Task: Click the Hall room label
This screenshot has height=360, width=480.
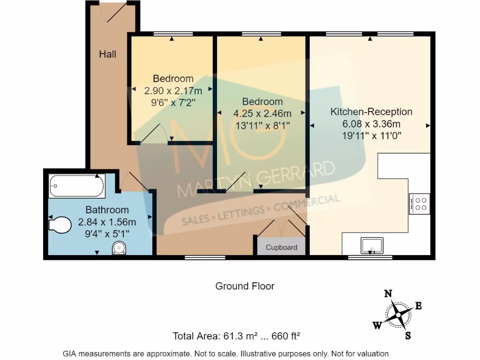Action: pyautogui.click(x=107, y=54)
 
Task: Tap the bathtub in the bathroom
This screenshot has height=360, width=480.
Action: pyautogui.click(x=77, y=186)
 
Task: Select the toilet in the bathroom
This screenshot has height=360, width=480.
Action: pyautogui.click(x=60, y=225)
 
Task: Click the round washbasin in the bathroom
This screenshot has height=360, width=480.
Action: pyautogui.click(x=119, y=247)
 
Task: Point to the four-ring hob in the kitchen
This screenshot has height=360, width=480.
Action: pyautogui.click(x=420, y=204)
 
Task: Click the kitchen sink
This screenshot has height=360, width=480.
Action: pyautogui.click(x=372, y=245)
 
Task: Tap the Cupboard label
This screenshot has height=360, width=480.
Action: pyautogui.click(x=281, y=247)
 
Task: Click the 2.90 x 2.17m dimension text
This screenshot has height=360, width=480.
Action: pyautogui.click(x=173, y=91)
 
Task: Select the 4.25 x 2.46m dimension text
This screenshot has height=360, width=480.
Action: pyautogui.click(x=262, y=113)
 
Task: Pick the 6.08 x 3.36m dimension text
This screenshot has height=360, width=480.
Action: pyautogui.click(x=371, y=124)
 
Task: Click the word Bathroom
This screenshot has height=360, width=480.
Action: pyautogui.click(x=107, y=210)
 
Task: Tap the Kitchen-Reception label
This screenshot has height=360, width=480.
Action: pyautogui.click(x=371, y=112)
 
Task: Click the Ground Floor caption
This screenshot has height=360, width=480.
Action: pyautogui.click(x=245, y=286)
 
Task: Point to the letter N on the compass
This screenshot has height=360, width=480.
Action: pyautogui.click(x=388, y=294)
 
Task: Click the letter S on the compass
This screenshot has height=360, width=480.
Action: pyautogui.click(x=408, y=336)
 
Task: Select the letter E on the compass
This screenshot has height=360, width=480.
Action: pyautogui.click(x=418, y=306)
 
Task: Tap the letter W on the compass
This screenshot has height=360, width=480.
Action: pyautogui.click(x=377, y=325)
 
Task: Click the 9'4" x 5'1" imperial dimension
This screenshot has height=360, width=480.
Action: pyautogui.click(x=107, y=234)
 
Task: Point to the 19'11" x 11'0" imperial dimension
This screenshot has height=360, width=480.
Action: pyautogui.click(x=371, y=135)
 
